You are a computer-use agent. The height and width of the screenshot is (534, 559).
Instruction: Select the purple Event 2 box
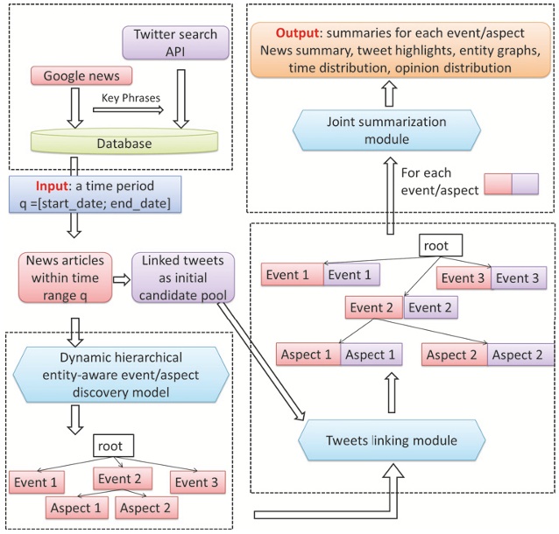point(431,308)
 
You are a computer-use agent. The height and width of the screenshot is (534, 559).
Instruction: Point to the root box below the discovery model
point(112,445)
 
